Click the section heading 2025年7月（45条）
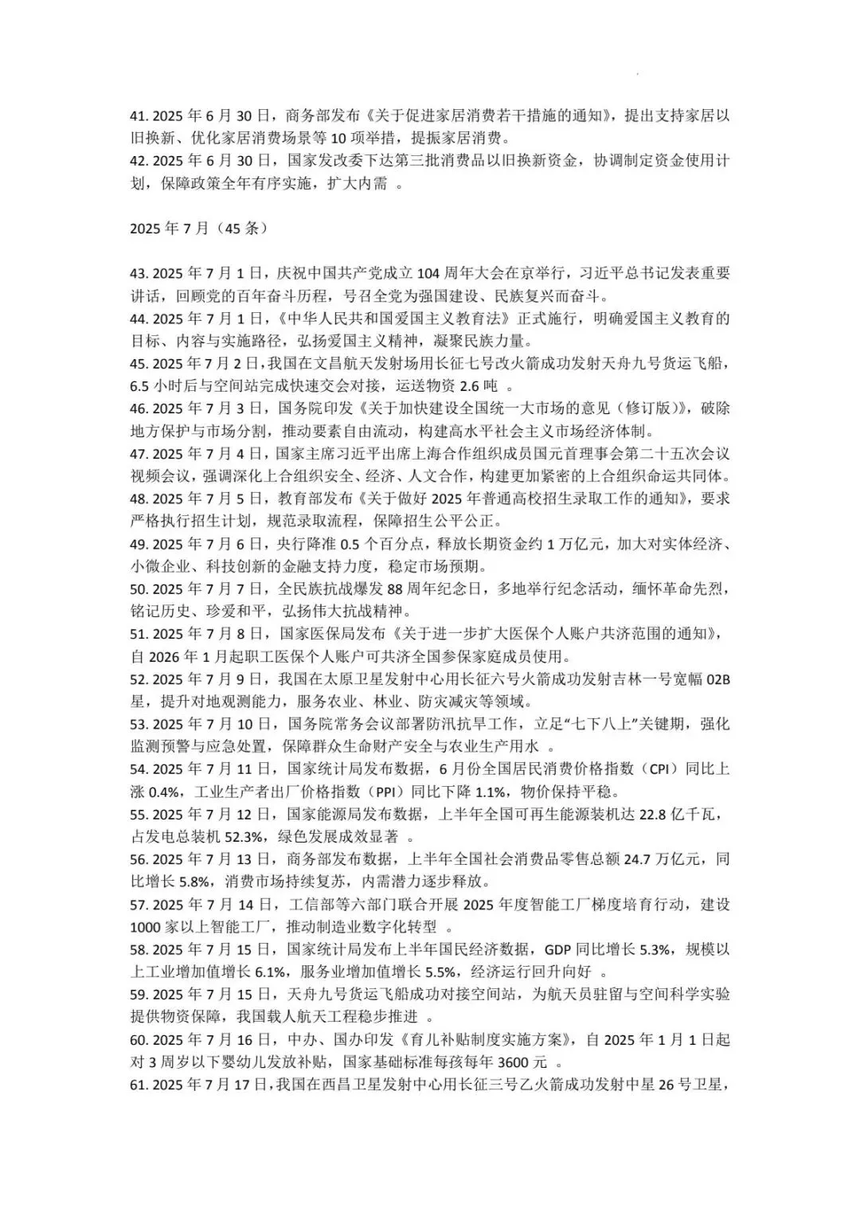click(x=198, y=229)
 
